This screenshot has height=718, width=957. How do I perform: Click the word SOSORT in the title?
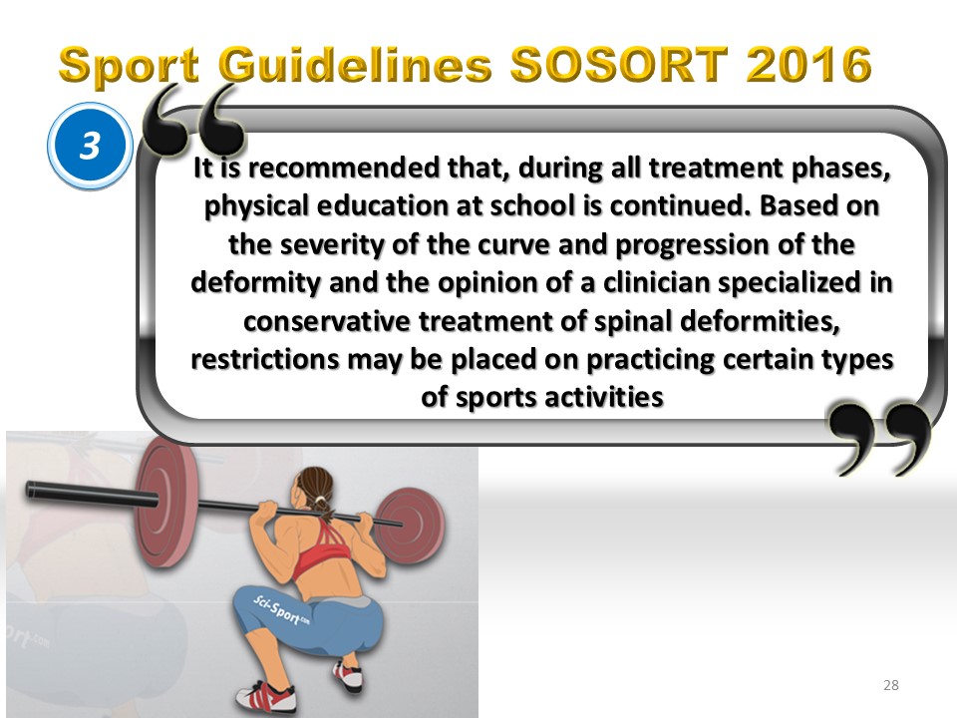pos(619,64)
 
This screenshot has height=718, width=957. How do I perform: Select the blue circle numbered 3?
pos(90,146)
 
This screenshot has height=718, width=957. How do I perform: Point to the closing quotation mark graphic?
pos(879,438)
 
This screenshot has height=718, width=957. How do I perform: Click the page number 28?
pos(891,685)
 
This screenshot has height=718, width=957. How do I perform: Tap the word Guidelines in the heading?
pos(355,66)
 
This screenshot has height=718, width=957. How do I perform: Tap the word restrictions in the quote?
pos(265,359)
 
